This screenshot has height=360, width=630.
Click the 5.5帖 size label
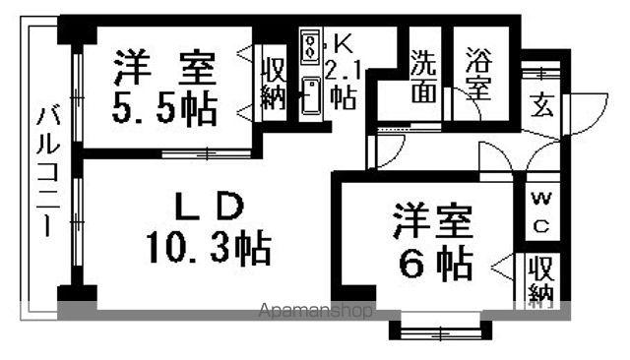click(164, 110)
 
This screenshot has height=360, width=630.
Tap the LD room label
click(209, 207)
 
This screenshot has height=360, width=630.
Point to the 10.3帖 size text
click(209, 247)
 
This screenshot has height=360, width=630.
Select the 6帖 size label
click(435, 265)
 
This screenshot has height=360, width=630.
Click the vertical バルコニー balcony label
click(48, 171)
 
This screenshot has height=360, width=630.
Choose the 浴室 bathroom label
click(479, 74)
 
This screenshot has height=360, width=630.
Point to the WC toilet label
click(541, 212)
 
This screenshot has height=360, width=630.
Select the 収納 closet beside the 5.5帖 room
click(274, 83)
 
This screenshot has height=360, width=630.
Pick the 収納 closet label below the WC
click(541, 281)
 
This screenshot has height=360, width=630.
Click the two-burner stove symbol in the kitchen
click(310, 46)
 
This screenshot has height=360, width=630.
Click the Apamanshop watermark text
click(315, 310)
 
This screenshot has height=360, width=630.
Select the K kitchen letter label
click(344, 43)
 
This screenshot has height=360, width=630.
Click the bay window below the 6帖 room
click(440, 330)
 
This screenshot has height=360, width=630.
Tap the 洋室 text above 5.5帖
click(164, 67)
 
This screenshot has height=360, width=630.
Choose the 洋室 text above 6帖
click(433, 221)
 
